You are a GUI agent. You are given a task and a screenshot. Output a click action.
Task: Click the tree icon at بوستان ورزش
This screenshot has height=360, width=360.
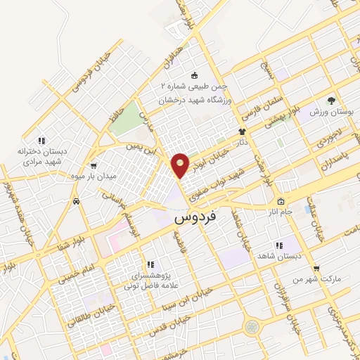[x=331, y=101]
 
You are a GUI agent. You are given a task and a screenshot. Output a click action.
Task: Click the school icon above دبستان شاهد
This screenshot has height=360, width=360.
[x=279, y=245]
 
